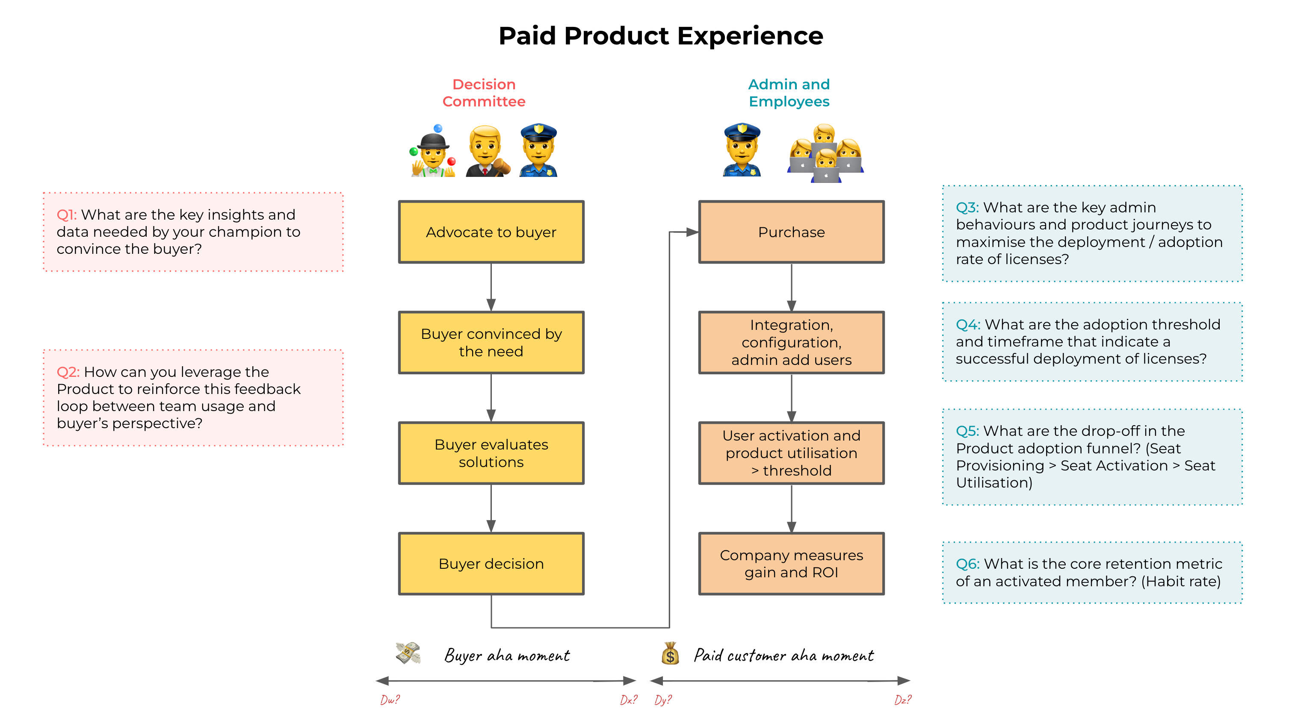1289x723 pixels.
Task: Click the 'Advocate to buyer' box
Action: click(491, 232)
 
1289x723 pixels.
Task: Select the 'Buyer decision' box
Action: click(491, 564)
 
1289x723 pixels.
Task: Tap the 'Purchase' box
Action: click(791, 232)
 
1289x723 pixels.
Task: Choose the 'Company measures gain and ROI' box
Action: click(791, 564)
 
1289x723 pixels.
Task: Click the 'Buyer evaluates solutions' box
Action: click(491, 453)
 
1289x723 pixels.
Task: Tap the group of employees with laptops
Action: click(826, 154)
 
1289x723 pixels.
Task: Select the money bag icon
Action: click(670, 653)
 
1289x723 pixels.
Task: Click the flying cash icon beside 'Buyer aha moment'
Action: click(408, 653)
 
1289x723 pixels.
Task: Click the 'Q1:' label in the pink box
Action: click(67, 215)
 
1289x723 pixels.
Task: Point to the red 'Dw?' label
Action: click(390, 700)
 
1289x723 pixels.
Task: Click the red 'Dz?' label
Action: click(903, 700)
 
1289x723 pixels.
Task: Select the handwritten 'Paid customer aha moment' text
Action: click(783, 655)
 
